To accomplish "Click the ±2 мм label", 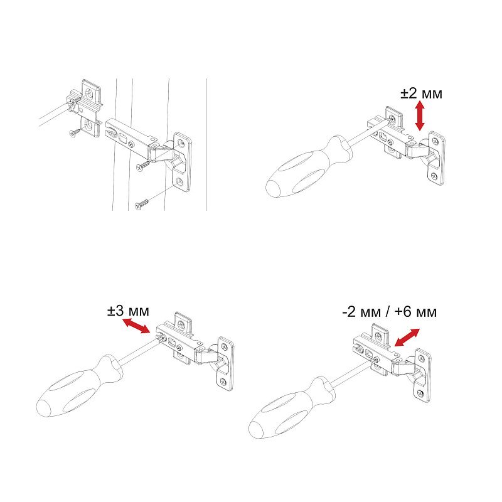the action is point(421,93).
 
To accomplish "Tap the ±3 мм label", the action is point(128,311).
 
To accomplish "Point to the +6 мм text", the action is point(415,311).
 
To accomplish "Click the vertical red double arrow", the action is point(420,115).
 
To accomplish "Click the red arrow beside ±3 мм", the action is point(136,326).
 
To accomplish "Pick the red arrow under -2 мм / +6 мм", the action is point(407,338).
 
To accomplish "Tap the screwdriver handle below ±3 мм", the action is point(80,386).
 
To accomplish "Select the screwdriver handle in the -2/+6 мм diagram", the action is point(292,409).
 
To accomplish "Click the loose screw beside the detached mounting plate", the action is point(75,132).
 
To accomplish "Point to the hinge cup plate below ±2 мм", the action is point(435,158).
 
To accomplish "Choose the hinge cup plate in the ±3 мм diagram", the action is point(225,364).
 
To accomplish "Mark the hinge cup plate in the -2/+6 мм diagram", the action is point(422,375).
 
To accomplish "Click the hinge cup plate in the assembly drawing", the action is point(182,162).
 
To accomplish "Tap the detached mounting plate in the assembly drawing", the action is point(86,107).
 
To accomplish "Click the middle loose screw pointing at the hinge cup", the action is point(143,166).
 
